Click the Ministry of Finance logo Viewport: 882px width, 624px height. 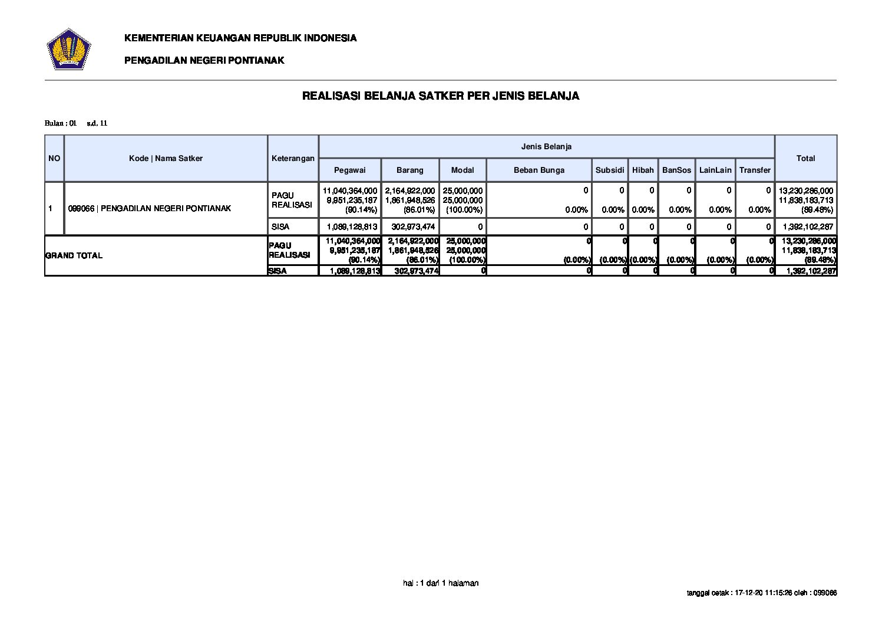(x=68, y=49)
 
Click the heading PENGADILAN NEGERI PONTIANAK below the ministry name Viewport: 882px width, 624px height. (x=204, y=60)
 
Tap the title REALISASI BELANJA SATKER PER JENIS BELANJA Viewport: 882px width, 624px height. (x=440, y=96)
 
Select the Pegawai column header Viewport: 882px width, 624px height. (x=349, y=170)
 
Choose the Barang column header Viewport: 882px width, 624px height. (x=409, y=170)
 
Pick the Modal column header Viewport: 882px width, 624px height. (x=463, y=170)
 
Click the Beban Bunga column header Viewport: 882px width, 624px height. (x=539, y=170)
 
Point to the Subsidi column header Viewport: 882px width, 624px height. (x=609, y=170)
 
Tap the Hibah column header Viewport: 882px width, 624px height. (x=643, y=170)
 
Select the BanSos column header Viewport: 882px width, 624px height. (x=676, y=170)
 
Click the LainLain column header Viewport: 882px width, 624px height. (x=715, y=170)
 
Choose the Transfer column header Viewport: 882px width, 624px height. (x=755, y=170)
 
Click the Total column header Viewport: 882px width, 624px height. (x=805, y=158)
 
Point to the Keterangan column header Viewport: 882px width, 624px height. (x=293, y=158)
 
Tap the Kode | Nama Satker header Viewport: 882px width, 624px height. (x=166, y=158)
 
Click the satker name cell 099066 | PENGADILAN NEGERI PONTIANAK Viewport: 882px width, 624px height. (x=150, y=208)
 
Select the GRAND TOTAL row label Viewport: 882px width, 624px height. (x=74, y=255)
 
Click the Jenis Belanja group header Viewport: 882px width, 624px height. (x=546, y=146)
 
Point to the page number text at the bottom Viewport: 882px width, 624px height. (x=441, y=583)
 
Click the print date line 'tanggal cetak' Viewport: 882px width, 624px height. (x=762, y=593)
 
